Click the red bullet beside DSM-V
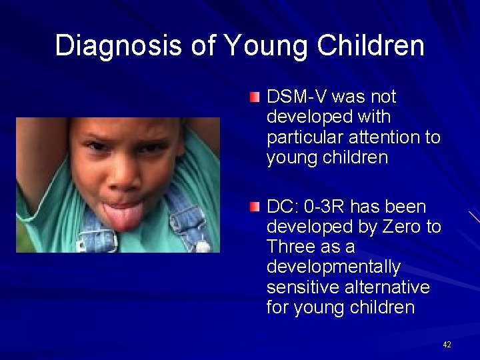tap(255, 98)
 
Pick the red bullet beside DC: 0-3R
tap(255, 208)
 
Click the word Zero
tap(402, 227)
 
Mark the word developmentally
tap(333, 267)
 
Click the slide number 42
tap(447, 345)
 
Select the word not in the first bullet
tap(381, 97)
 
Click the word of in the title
tap(203, 46)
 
